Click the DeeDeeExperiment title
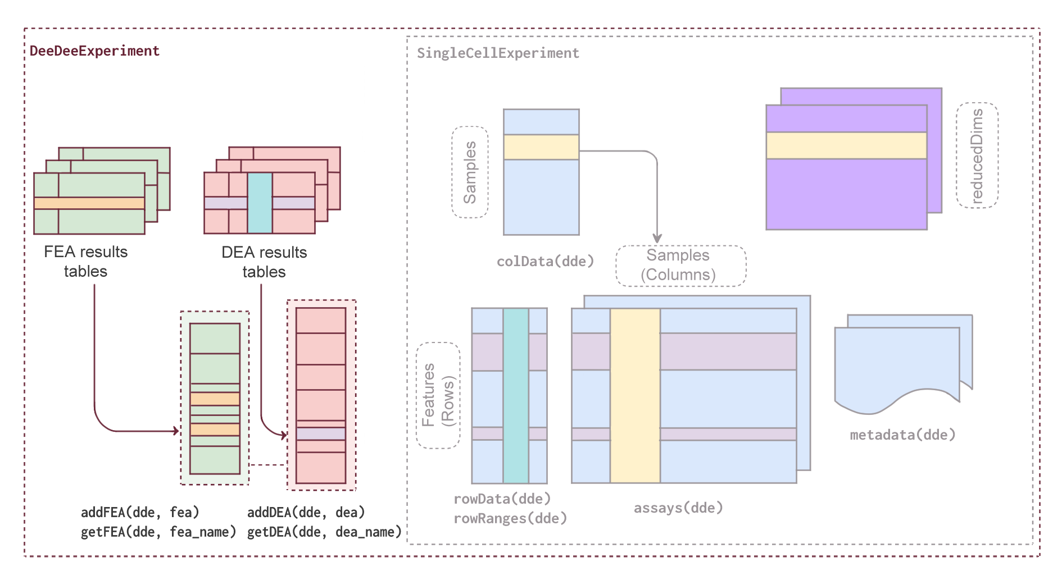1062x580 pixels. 94,51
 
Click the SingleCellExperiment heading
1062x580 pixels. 498,53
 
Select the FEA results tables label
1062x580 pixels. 85,262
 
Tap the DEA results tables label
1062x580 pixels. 264,262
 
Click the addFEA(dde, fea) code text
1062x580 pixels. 140,512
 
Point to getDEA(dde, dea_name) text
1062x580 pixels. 324,532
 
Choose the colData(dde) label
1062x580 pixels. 545,262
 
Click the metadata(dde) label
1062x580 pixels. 902,435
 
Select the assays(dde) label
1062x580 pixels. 678,508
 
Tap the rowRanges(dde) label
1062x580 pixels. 510,518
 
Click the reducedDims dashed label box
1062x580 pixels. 977,156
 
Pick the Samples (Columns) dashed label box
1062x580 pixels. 680,266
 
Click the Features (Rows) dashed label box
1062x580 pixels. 438,395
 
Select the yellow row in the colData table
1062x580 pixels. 541,147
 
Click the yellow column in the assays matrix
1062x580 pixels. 635,395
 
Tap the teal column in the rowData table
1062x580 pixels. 516,395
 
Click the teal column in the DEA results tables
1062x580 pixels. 260,203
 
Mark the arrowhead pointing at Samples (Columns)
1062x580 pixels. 657,239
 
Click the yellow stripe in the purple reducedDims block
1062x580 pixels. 846,146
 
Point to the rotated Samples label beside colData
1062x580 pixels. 470,172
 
